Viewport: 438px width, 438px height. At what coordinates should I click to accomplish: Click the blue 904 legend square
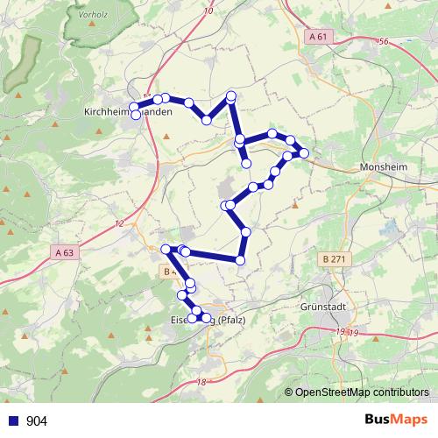tap(13, 420)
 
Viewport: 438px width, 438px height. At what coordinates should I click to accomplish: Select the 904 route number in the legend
tap(38, 420)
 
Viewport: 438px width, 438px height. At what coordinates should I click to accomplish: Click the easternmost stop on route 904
tap(304, 153)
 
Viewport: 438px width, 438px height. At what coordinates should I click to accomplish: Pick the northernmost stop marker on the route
tap(231, 95)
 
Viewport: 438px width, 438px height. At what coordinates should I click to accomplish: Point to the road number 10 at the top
tap(207, 11)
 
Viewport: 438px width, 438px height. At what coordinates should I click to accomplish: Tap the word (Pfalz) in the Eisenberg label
tap(233, 319)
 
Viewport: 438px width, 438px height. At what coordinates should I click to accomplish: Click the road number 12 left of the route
tap(119, 225)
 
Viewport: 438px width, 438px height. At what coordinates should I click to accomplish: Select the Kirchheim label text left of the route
tap(108, 111)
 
